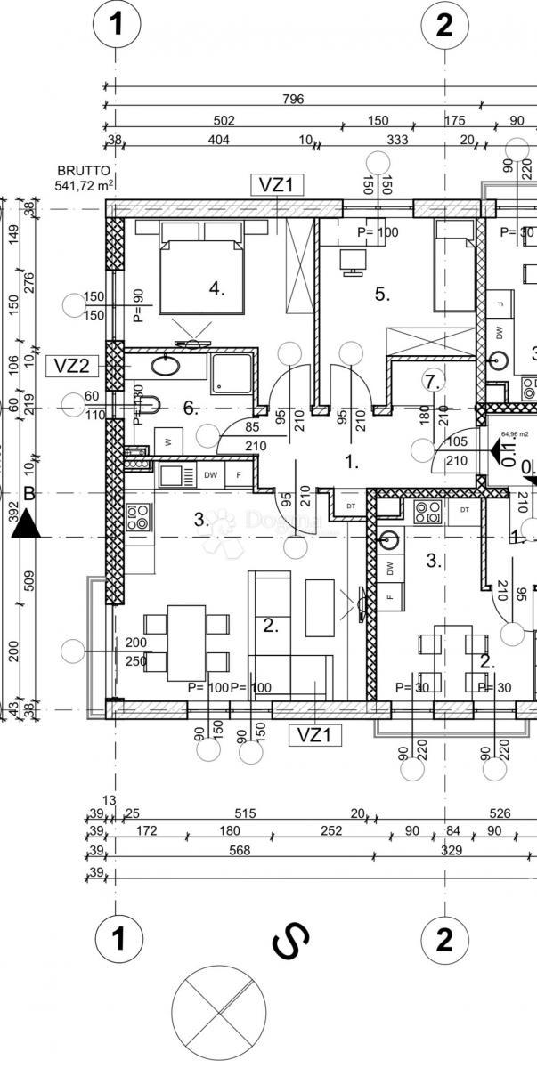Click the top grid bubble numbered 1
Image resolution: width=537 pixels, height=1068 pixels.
(115, 25)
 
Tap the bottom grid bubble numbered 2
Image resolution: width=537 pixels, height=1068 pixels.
(443, 939)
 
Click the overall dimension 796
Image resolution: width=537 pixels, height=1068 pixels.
(293, 99)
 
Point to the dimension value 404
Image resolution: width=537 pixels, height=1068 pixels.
(218, 140)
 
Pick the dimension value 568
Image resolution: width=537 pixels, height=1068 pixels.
(240, 850)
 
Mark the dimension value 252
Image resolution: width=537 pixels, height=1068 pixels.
(306, 831)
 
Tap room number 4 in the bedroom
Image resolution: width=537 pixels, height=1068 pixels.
(216, 288)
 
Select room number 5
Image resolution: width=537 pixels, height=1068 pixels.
(382, 295)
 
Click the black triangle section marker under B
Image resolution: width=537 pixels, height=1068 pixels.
(28, 527)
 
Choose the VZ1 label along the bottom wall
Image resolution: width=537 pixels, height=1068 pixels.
(314, 734)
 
